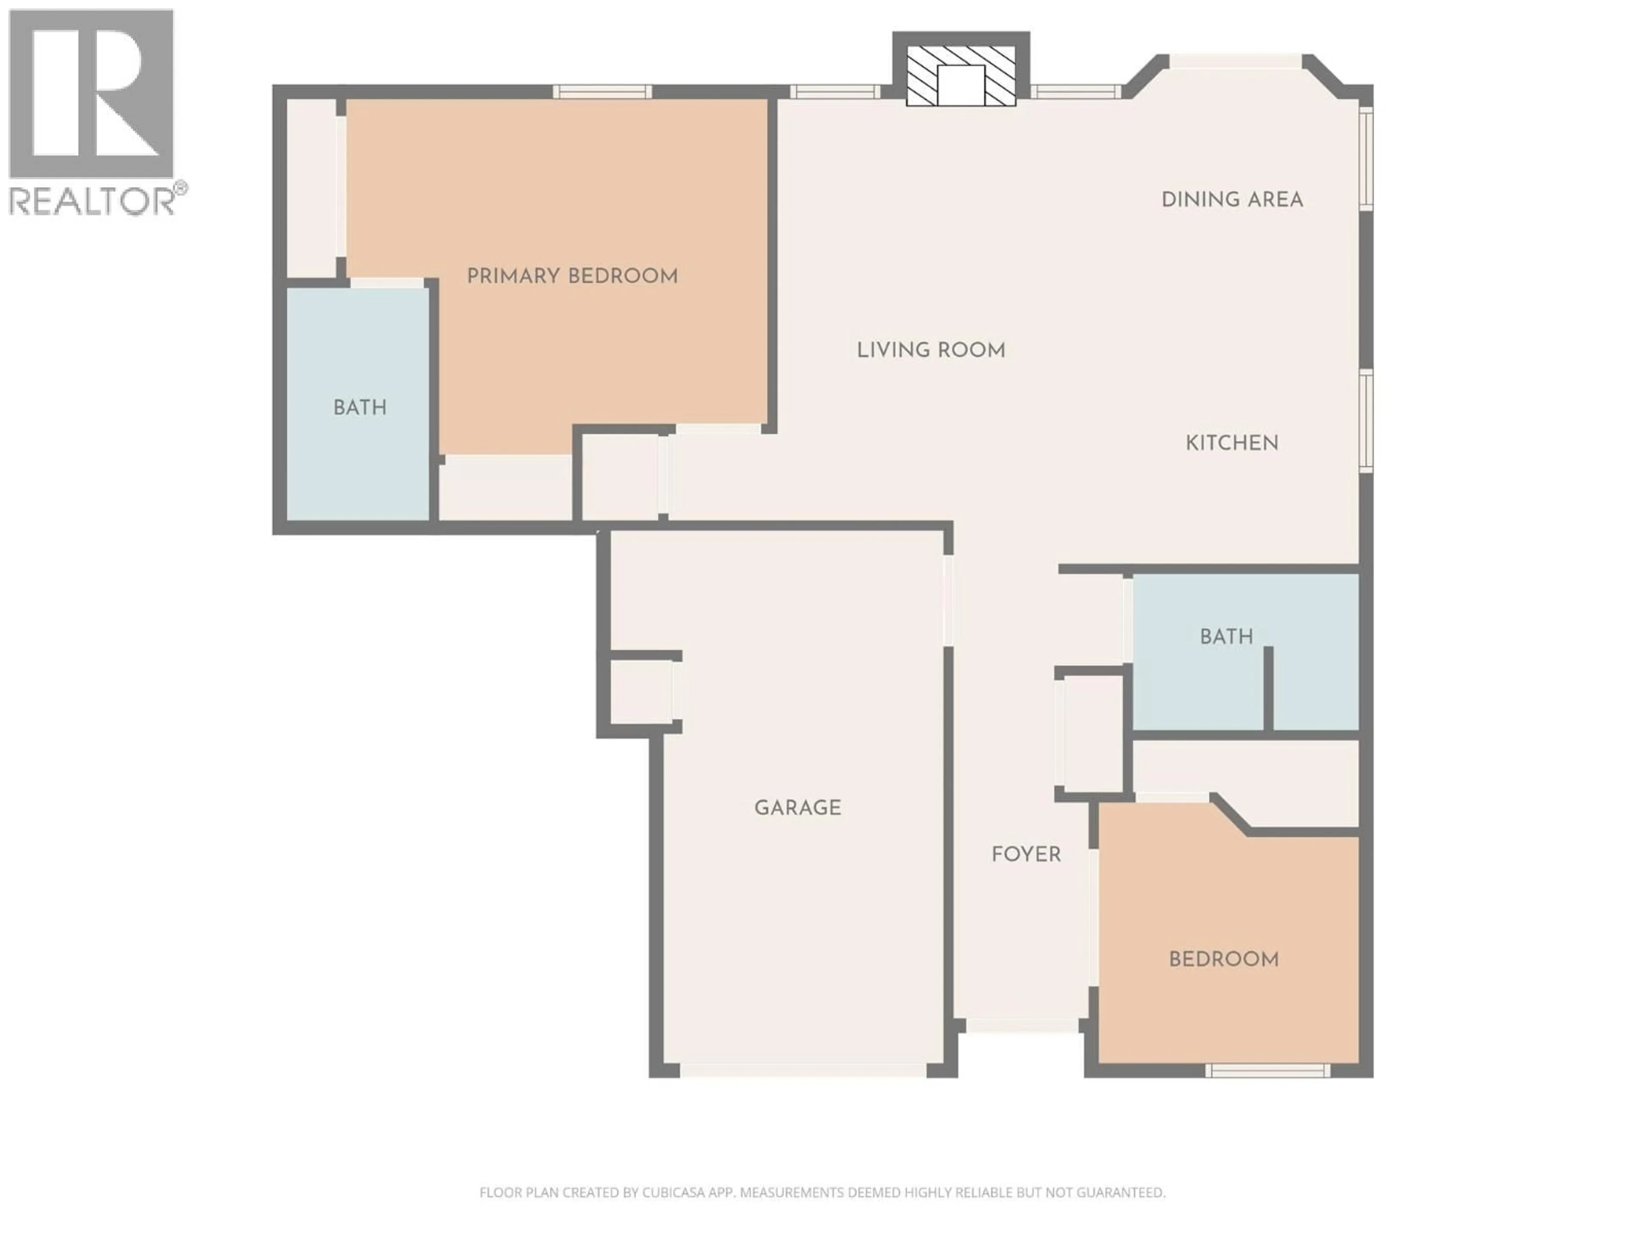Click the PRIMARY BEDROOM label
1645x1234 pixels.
(572, 276)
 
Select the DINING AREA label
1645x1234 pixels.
(1232, 199)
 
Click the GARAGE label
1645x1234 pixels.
(797, 808)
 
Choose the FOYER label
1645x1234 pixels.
(1026, 854)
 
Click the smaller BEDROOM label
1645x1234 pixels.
(1223, 959)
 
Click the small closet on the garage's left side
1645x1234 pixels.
(640, 692)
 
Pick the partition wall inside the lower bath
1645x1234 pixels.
(1268, 688)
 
